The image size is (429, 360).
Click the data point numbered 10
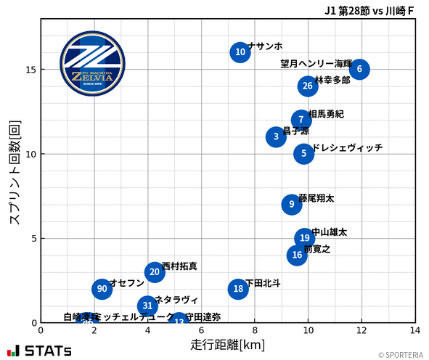click(240, 52)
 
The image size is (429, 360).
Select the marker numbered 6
click(359, 69)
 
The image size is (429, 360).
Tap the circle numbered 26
click(308, 86)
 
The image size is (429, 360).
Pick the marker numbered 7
click(301, 120)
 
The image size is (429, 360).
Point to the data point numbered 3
click(276, 136)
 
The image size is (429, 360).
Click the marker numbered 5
click(304, 154)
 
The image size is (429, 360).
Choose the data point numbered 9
click(291, 204)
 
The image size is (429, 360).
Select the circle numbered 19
click(305, 238)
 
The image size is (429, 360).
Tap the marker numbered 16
click(296, 255)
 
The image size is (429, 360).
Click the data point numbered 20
click(154, 272)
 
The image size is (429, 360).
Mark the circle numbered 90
click(102, 289)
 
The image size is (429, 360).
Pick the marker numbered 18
click(238, 289)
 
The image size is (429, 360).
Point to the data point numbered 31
click(147, 306)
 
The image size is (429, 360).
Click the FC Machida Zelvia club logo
click(92, 64)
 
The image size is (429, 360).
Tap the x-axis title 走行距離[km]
click(227, 343)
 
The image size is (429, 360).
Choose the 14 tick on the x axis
click(414, 330)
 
